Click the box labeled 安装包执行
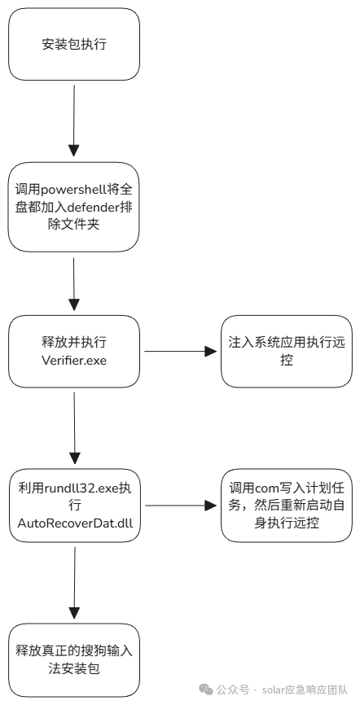(x=74, y=44)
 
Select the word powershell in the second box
(x=74, y=190)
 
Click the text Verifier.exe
(x=74, y=360)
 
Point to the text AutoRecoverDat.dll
(x=74, y=523)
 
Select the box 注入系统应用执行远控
(x=287, y=351)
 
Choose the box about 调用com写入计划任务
(x=287, y=506)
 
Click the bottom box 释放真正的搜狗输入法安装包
(x=74, y=660)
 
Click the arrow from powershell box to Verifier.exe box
(x=74, y=284)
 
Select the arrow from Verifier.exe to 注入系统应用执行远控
(x=181, y=351)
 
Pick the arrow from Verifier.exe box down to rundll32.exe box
(x=74, y=428)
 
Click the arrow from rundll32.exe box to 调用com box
(x=181, y=506)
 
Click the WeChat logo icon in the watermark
(x=206, y=689)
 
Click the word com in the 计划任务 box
(x=267, y=488)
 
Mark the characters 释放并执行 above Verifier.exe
(x=74, y=342)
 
